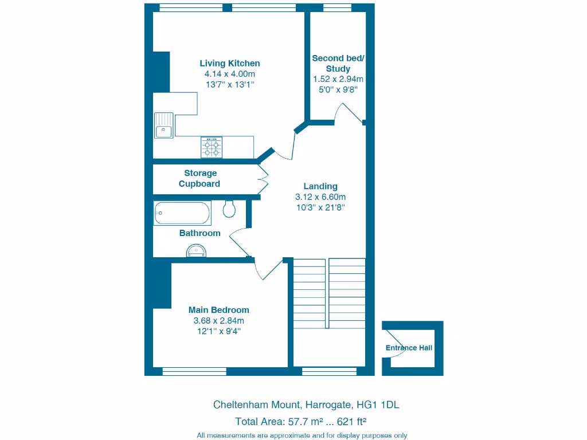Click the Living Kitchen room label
(229, 63)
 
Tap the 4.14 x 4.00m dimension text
(229, 74)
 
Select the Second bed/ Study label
(338, 63)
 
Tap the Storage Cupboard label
(200, 178)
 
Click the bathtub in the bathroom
(182, 213)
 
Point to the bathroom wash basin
(195, 250)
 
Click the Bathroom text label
(199, 233)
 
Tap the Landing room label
(320, 186)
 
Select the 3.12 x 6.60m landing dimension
(320, 197)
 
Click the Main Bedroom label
(218, 310)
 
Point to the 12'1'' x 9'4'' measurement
(218, 331)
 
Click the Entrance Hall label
(409, 348)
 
